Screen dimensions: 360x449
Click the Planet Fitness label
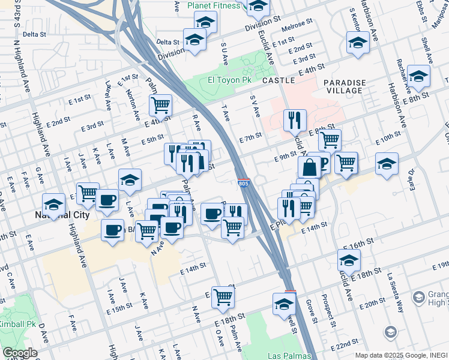[x=214, y=5]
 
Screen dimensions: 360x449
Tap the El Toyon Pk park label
[x=228, y=80]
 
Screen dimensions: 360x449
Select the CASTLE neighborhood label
[x=279, y=80]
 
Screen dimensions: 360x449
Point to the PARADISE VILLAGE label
[x=343, y=86]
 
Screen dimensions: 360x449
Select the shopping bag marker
[x=310, y=167]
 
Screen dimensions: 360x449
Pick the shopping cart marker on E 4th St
[x=160, y=106]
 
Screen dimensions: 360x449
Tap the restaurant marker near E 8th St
[x=294, y=120]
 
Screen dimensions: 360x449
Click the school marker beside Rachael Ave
[x=418, y=76]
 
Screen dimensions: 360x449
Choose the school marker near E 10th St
[x=387, y=164]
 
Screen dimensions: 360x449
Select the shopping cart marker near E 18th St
[x=223, y=296]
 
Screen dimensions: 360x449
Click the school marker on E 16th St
[x=348, y=260]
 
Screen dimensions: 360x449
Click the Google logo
[x=20, y=353]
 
